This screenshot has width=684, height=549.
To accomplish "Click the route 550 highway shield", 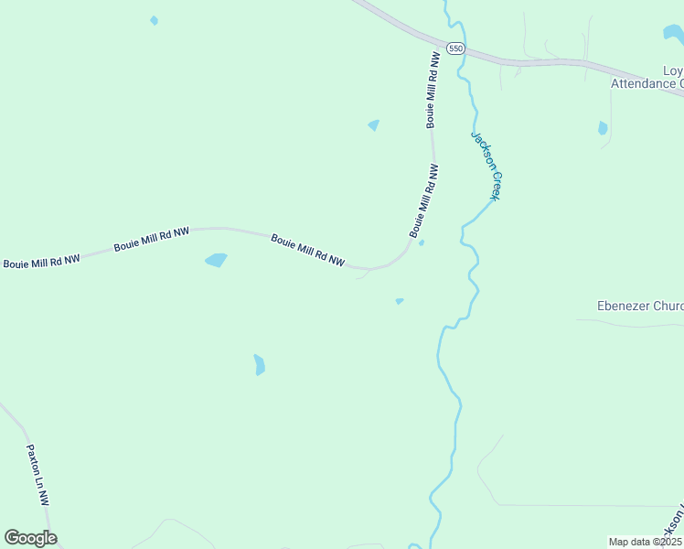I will point(455,47).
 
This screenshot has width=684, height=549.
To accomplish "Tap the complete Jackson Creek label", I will point(486,165).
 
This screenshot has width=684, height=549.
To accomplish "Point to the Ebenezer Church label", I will point(639,306).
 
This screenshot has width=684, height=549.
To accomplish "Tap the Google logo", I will point(30,537).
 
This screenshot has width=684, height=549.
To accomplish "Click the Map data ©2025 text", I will point(645,542).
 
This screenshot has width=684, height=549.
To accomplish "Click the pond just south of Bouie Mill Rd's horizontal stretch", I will point(216,261).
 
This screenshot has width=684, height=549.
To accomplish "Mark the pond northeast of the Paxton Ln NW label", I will point(259,364).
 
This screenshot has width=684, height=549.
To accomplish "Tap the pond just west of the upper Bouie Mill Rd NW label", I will point(373,125).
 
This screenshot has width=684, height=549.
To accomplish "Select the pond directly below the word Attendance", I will point(603,128).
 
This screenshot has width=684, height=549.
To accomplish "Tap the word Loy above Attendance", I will point(673,70).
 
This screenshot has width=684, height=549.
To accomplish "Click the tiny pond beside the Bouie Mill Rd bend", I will point(421,242).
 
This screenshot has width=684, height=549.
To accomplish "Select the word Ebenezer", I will point(623,306).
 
